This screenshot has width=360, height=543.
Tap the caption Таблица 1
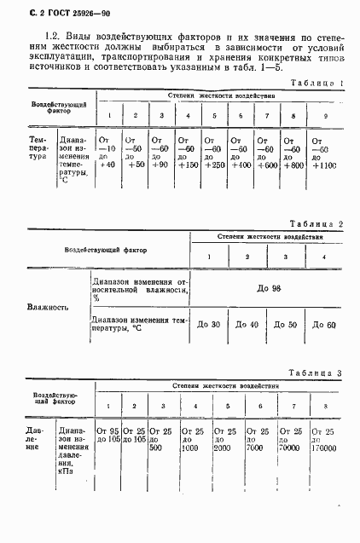316,83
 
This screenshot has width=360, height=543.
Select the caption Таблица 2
316,222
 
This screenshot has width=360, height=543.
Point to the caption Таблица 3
315,373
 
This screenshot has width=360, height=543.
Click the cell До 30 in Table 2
209,324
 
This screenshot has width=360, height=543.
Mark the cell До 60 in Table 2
324,324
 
